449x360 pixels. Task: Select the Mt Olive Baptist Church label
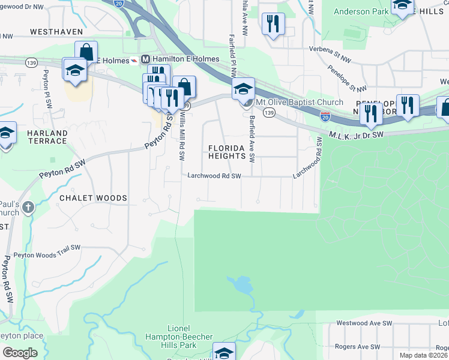[x=300, y=102]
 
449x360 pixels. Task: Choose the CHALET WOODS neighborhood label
[x=93, y=197]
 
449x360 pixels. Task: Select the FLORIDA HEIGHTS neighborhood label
[x=228, y=152]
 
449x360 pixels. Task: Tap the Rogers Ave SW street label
[x=358, y=347]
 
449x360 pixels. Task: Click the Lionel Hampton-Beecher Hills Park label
[x=179, y=337]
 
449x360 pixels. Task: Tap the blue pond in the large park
[x=240, y=284]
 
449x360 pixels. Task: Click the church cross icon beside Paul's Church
[x=29, y=208]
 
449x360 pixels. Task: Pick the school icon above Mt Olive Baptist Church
[x=243, y=89]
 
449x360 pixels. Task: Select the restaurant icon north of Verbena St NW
[x=273, y=23]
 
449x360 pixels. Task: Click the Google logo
[x=19, y=352]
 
